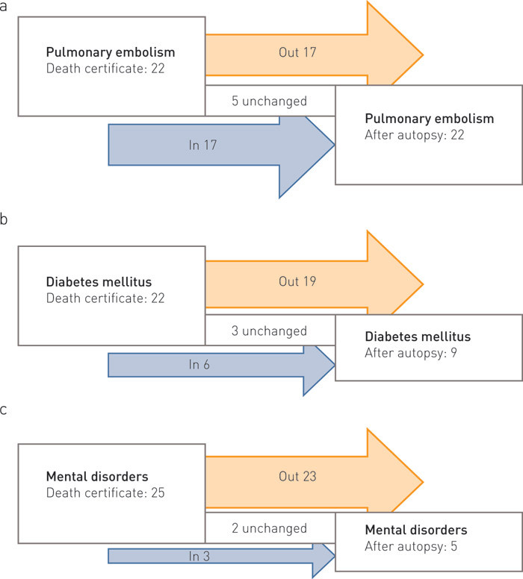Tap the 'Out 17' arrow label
pos(290,53)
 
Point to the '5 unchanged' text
pos(269,101)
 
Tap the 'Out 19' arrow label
pos(290,283)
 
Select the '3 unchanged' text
pos(269,331)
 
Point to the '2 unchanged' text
pos(269,528)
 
